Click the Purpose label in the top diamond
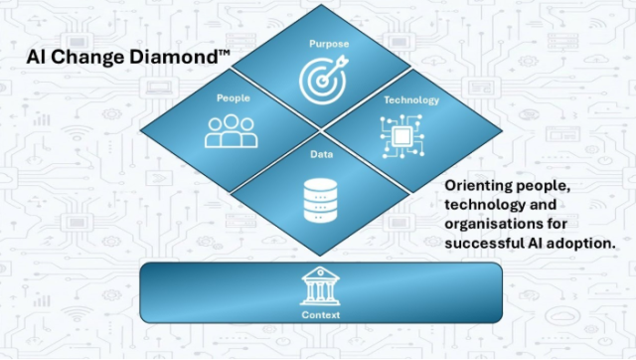(x=329, y=44)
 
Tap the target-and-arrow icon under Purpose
(x=324, y=80)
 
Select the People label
(x=234, y=98)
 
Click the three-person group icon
(x=232, y=131)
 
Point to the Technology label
(x=411, y=100)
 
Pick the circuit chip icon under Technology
(x=402, y=136)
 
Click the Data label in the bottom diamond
(x=322, y=154)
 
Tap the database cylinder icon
(x=320, y=201)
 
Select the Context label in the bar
(x=320, y=315)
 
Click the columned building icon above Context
(x=320, y=286)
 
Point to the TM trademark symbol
(x=225, y=53)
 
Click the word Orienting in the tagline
(x=473, y=186)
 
